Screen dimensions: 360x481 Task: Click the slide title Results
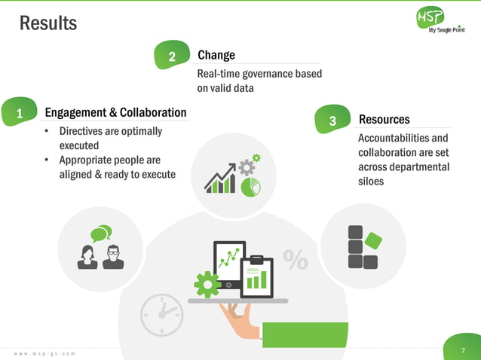point(48,23)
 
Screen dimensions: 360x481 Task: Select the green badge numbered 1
point(20,114)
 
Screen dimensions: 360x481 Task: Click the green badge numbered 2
point(172,56)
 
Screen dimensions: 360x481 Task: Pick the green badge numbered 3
point(333,121)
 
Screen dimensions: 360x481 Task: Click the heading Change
point(216,55)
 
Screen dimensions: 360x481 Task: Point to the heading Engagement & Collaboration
point(115,113)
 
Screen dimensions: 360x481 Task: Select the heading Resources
point(384,120)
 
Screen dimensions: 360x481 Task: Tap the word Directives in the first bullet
point(84,131)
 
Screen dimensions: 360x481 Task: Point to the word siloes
point(372,182)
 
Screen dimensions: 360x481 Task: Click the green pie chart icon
point(251,185)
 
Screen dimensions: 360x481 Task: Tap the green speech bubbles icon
point(100,233)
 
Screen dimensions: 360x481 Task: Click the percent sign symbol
point(296,260)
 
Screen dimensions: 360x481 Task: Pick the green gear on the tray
point(206,283)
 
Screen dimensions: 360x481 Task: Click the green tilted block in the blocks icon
point(372,239)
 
